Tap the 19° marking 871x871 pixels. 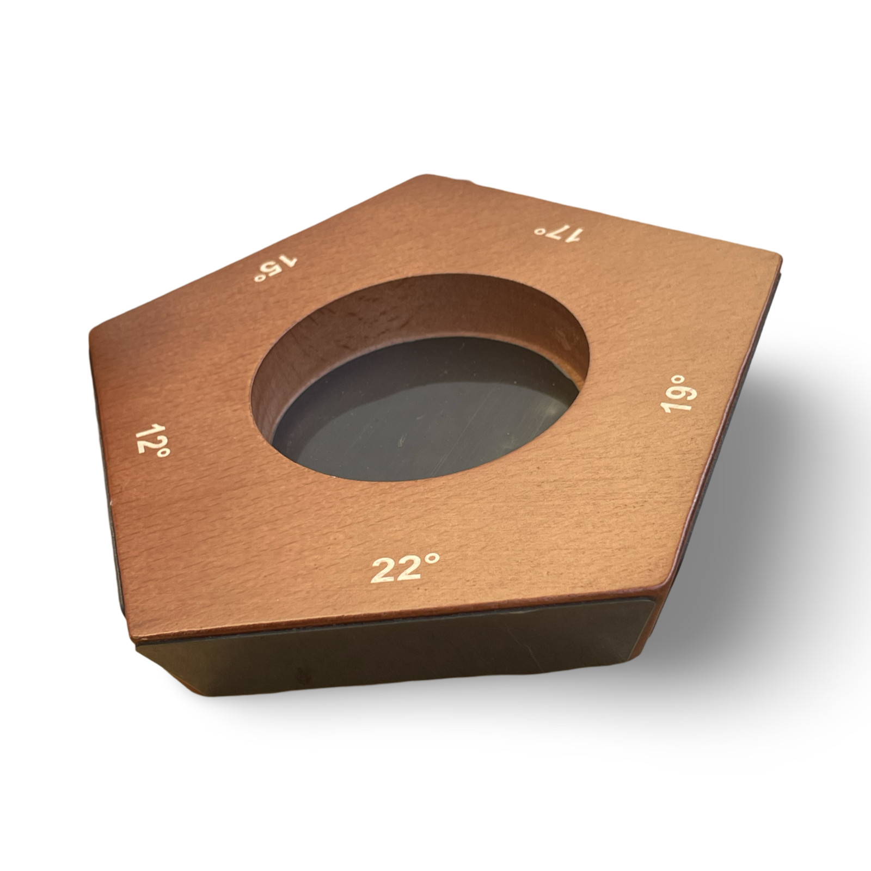coord(678,393)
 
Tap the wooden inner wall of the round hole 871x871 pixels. coord(381,310)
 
